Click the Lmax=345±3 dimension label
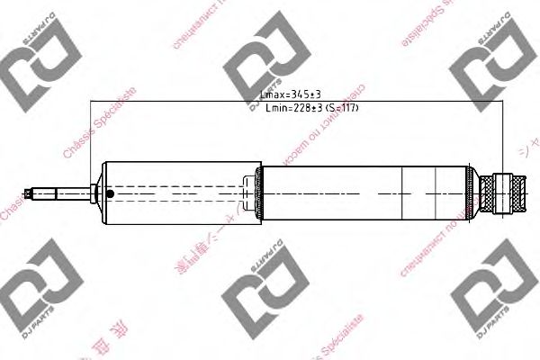pos(289,94)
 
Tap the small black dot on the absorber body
pos(109,193)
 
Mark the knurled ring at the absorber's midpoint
pos(260,193)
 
